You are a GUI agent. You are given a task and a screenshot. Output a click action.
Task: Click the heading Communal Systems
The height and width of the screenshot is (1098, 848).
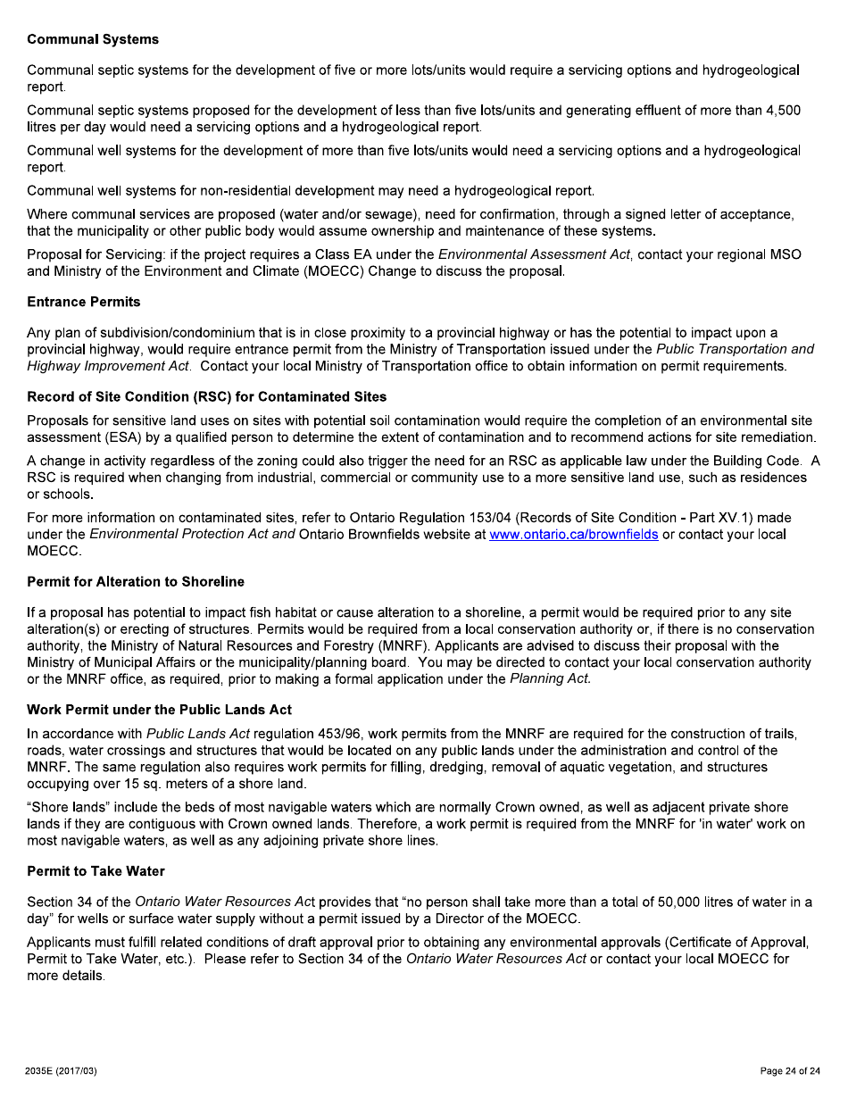point(93,39)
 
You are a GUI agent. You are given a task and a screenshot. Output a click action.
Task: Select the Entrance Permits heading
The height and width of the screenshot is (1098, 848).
point(84,302)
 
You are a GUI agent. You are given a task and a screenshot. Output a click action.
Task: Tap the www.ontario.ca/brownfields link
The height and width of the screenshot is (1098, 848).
point(574,535)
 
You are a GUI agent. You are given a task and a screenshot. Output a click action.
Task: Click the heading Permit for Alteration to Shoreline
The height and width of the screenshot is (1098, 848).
point(136,581)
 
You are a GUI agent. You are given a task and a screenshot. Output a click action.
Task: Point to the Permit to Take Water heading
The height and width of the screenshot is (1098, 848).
point(96,870)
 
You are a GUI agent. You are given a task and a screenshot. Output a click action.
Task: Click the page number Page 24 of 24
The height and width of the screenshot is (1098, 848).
point(789,1071)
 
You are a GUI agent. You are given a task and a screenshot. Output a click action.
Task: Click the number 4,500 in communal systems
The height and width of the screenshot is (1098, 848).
point(784,111)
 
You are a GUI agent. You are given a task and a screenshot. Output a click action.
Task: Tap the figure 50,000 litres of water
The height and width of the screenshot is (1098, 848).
point(710,902)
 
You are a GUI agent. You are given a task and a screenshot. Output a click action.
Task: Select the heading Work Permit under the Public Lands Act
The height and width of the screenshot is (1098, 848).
point(160,710)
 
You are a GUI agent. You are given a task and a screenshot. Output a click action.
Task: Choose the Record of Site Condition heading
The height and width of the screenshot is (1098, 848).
point(207,396)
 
